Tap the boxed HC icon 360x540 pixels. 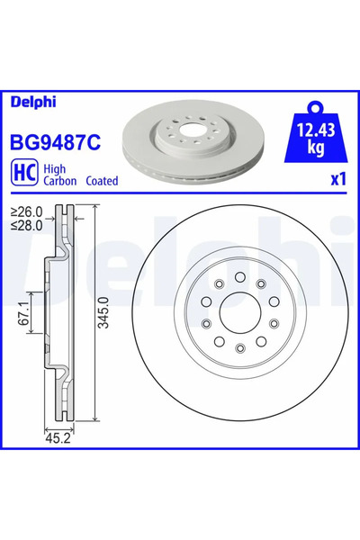click(22, 174)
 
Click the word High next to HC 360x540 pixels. click(56, 167)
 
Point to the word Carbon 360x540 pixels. click(60, 181)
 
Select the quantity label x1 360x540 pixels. click(337, 179)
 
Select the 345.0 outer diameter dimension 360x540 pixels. click(101, 313)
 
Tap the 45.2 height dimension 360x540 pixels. click(58, 439)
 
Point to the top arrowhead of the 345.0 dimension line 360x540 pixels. click(93, 210)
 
